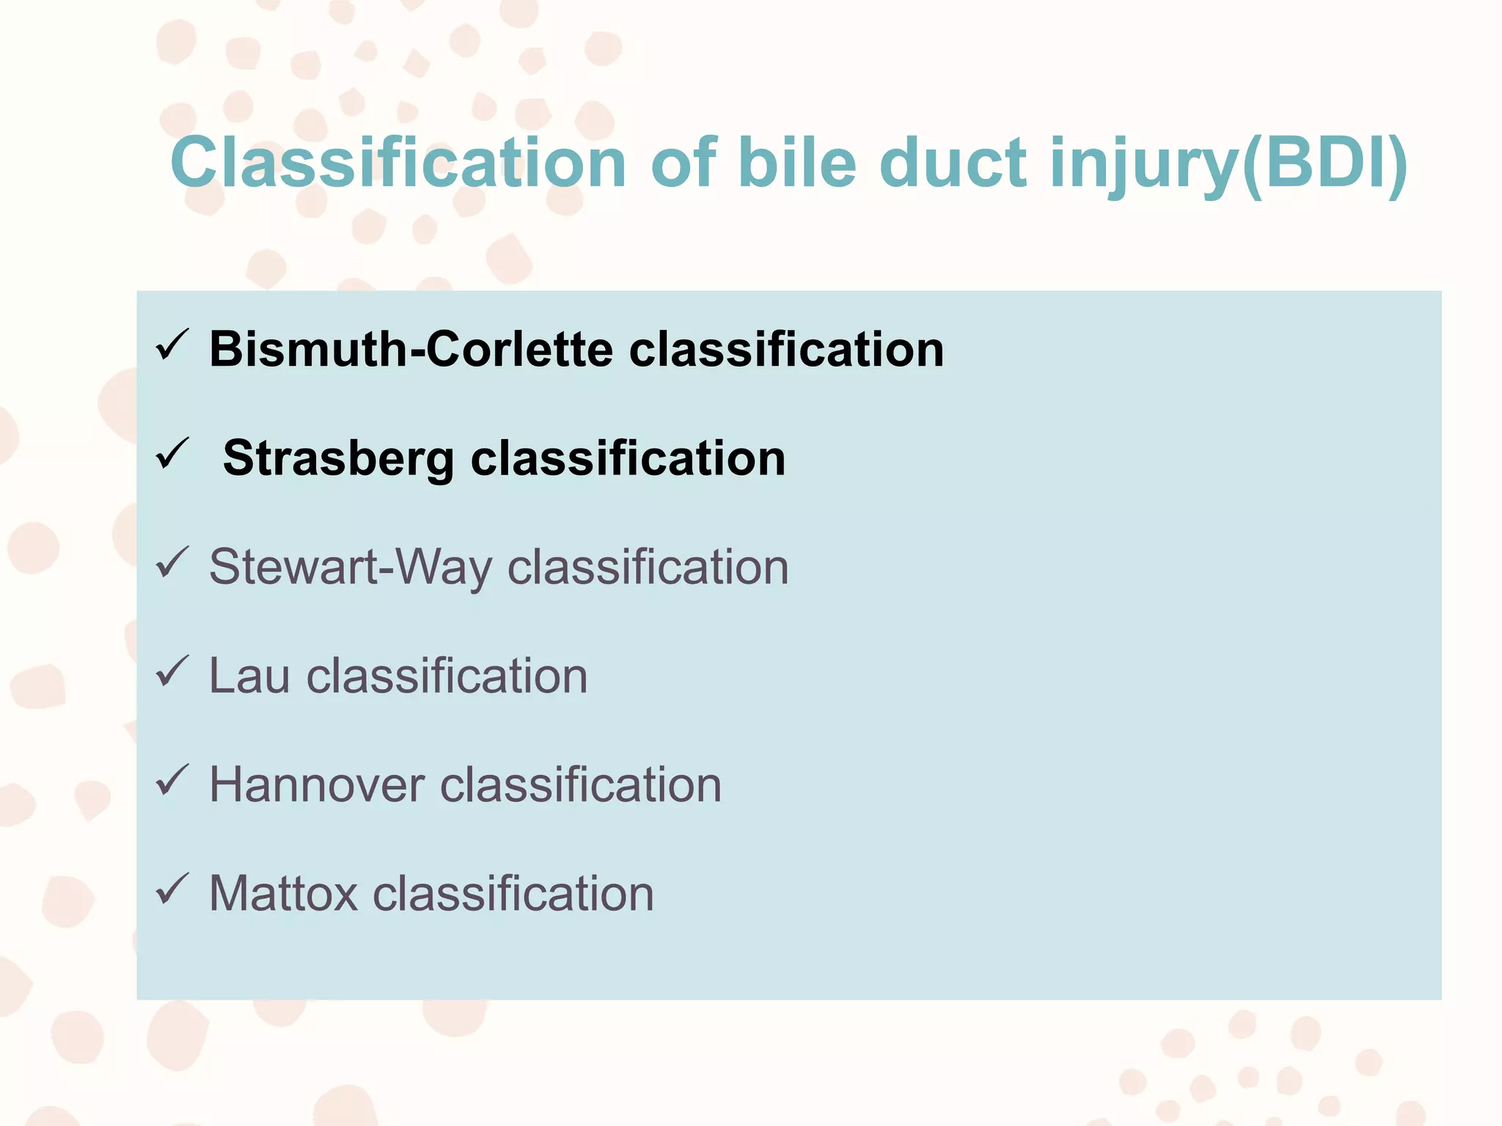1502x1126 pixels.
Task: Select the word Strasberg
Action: [x=338, y=458]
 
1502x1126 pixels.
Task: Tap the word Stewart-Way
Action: [x=351, y=567]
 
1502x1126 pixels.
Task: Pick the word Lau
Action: [x=249, y=676]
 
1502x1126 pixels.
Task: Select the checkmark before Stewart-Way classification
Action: [x=173, y=563]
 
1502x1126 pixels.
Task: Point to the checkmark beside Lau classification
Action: [x=173, y=671]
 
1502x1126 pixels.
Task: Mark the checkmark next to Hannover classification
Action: [x=173, y=781]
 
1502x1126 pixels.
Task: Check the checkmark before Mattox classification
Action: [x=173, y=889]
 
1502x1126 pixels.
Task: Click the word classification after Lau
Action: [x=447, y=676]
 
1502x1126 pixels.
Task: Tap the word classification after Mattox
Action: [x=513, y=894]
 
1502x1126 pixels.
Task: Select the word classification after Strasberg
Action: [x=628, y=458]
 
